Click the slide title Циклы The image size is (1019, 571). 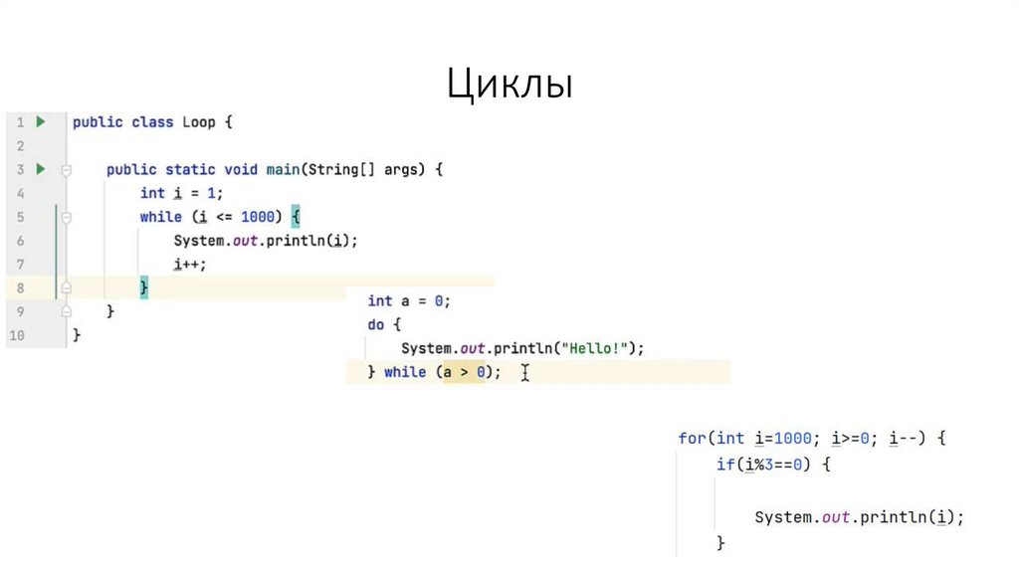[509, 85]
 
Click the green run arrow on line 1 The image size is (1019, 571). [41, 121]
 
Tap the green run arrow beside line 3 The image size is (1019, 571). [41, 169]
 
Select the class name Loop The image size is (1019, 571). [198, 122]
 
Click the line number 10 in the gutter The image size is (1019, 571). [16, 335]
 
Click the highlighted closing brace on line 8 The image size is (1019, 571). [143, 287]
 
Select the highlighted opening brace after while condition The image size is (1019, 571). [296, 217]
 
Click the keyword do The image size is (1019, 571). [376, 324]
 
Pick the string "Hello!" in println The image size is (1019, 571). [594, 348]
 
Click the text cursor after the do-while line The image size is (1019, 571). [524, 372]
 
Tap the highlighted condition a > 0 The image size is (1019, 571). [463, 372]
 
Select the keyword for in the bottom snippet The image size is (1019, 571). [692, 438]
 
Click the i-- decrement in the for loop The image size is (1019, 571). [903, 438]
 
